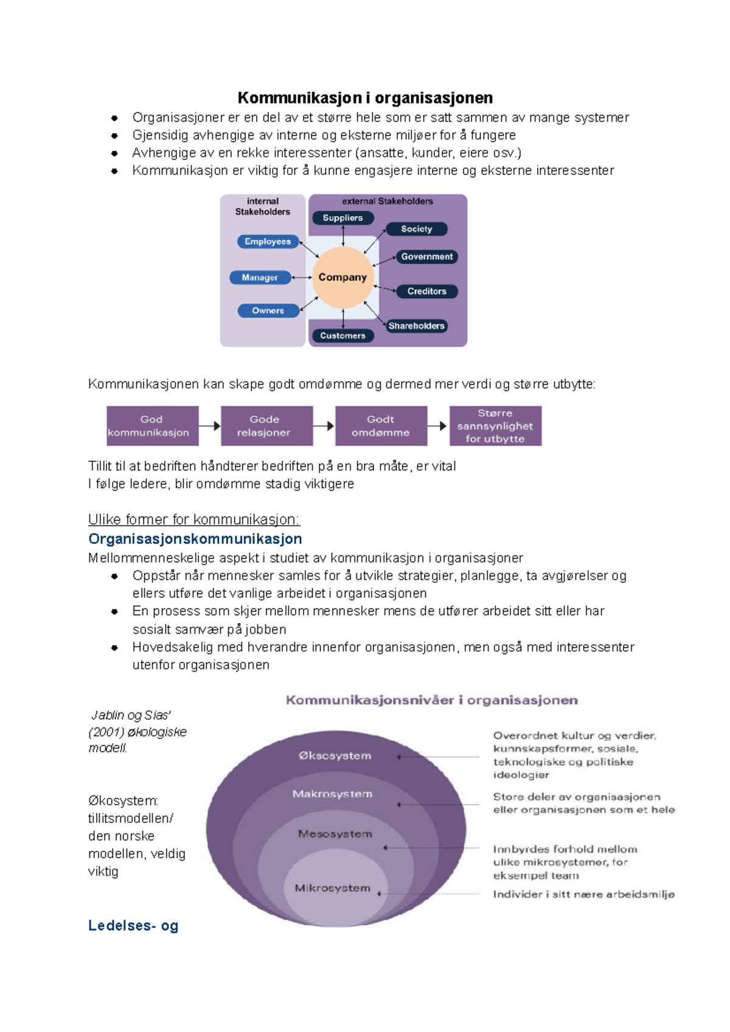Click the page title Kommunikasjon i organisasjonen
(x=365, y=98)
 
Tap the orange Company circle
(x=342, y=277)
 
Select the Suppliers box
(x=342, y=218)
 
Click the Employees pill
(x=268, y=241)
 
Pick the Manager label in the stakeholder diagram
(x=260, y=277)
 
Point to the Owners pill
(x=268, y=311)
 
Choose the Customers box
(x=342, y=335)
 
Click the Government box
(x=427, y=256)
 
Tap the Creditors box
(x=427, y=291)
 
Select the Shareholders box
(x=417, y=326)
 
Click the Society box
(x=417, y=229)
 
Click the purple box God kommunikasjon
(x=153, y=425)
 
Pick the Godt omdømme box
(x=381, y=425)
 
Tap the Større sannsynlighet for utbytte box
(x=495, y=425)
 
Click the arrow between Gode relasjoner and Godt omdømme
(x=324, y=425)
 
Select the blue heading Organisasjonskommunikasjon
(x=195, y=538)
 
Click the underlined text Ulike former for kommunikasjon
(x=193, y=520)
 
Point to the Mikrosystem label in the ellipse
(x=333, y=888)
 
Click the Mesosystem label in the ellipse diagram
(x=335, y=834)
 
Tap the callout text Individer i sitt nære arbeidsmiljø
(x=584, y=894)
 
